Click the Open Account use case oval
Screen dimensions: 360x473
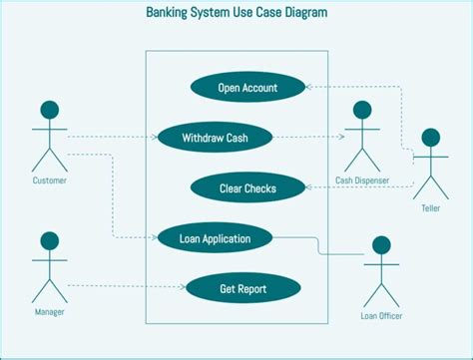tap(247, 87)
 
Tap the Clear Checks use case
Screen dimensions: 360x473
tap(247, 186)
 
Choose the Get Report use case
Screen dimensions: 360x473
tap(243, 289)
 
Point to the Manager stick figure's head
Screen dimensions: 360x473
tap(49, 241)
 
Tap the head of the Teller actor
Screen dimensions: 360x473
tap(431, 138)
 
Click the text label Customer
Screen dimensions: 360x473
tap(50, 180)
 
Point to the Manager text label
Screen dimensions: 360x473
tap(49, 312)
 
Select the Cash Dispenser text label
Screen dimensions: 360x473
tap(361, 180)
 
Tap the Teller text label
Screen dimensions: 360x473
tap(431, 208)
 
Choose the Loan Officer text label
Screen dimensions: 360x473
tap(380, 317)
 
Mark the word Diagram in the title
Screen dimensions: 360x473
tap(301, 14)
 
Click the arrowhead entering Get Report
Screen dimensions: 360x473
tap(183, 289)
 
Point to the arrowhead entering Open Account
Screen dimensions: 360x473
tap(309, 87)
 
